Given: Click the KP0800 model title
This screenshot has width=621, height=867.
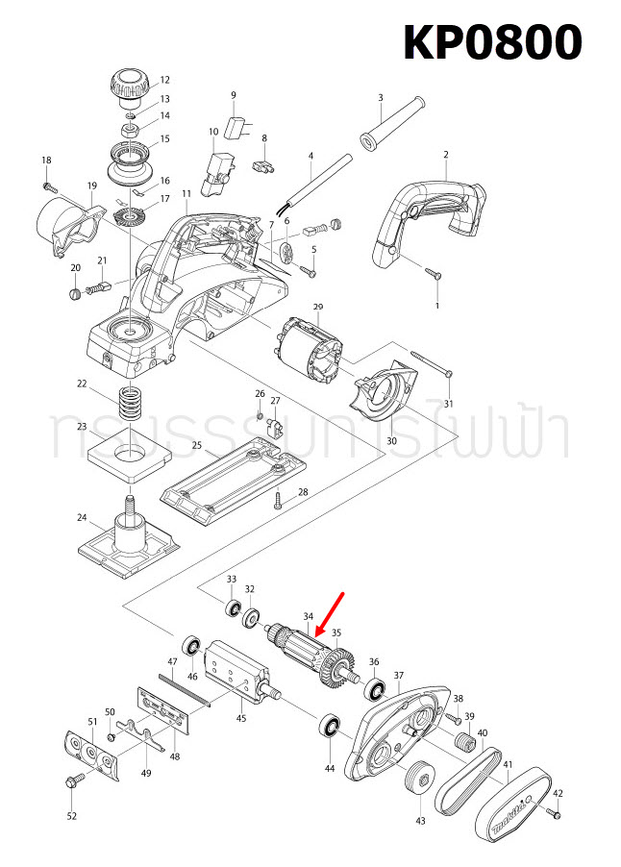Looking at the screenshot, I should (x=491, y=42).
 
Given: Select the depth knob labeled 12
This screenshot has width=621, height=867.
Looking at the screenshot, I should (x=126, y=84).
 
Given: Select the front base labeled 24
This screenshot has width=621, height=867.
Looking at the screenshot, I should (x=128, y=543).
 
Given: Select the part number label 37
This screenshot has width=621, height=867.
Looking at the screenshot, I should (x=398, y=676).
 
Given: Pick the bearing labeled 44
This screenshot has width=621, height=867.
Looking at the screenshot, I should (x=331, y=728).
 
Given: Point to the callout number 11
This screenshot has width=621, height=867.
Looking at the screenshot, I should (x=186, y=195).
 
